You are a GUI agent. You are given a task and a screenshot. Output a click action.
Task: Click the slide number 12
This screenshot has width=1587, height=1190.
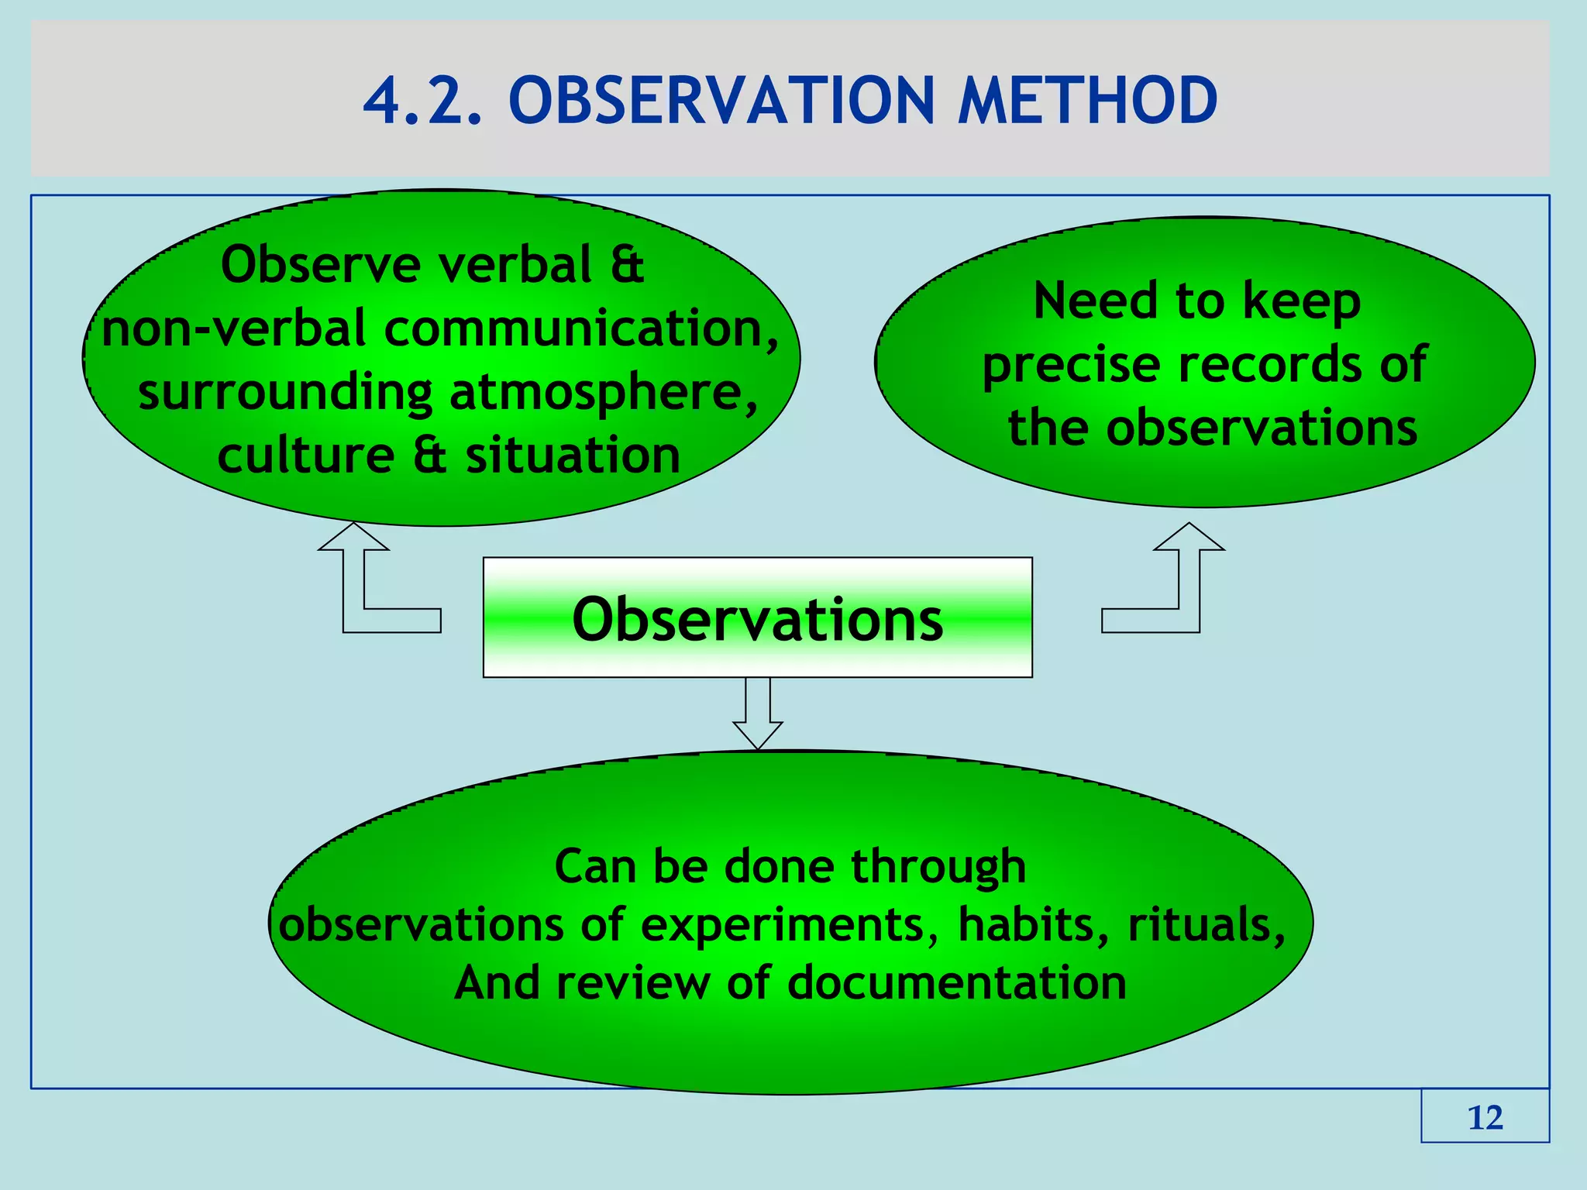point(1485,1117)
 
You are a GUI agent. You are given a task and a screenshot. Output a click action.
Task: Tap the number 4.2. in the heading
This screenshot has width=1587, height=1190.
point(423,101)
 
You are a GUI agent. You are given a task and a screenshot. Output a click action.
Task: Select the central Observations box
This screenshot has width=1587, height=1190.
point(757,618)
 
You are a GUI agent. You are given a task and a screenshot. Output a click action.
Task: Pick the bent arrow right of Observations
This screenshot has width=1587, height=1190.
point(1178,589)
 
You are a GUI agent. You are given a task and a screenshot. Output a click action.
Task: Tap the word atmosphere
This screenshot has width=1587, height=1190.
point(603,392)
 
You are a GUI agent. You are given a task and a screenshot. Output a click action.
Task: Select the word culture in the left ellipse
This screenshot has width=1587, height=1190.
point(306,456)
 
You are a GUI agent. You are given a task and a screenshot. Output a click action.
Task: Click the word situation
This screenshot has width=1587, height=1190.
point(573,456)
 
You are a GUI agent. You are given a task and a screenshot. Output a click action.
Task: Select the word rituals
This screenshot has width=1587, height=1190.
point(1205,924)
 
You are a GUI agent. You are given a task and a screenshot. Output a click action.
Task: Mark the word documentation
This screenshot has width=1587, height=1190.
point(957,983)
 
